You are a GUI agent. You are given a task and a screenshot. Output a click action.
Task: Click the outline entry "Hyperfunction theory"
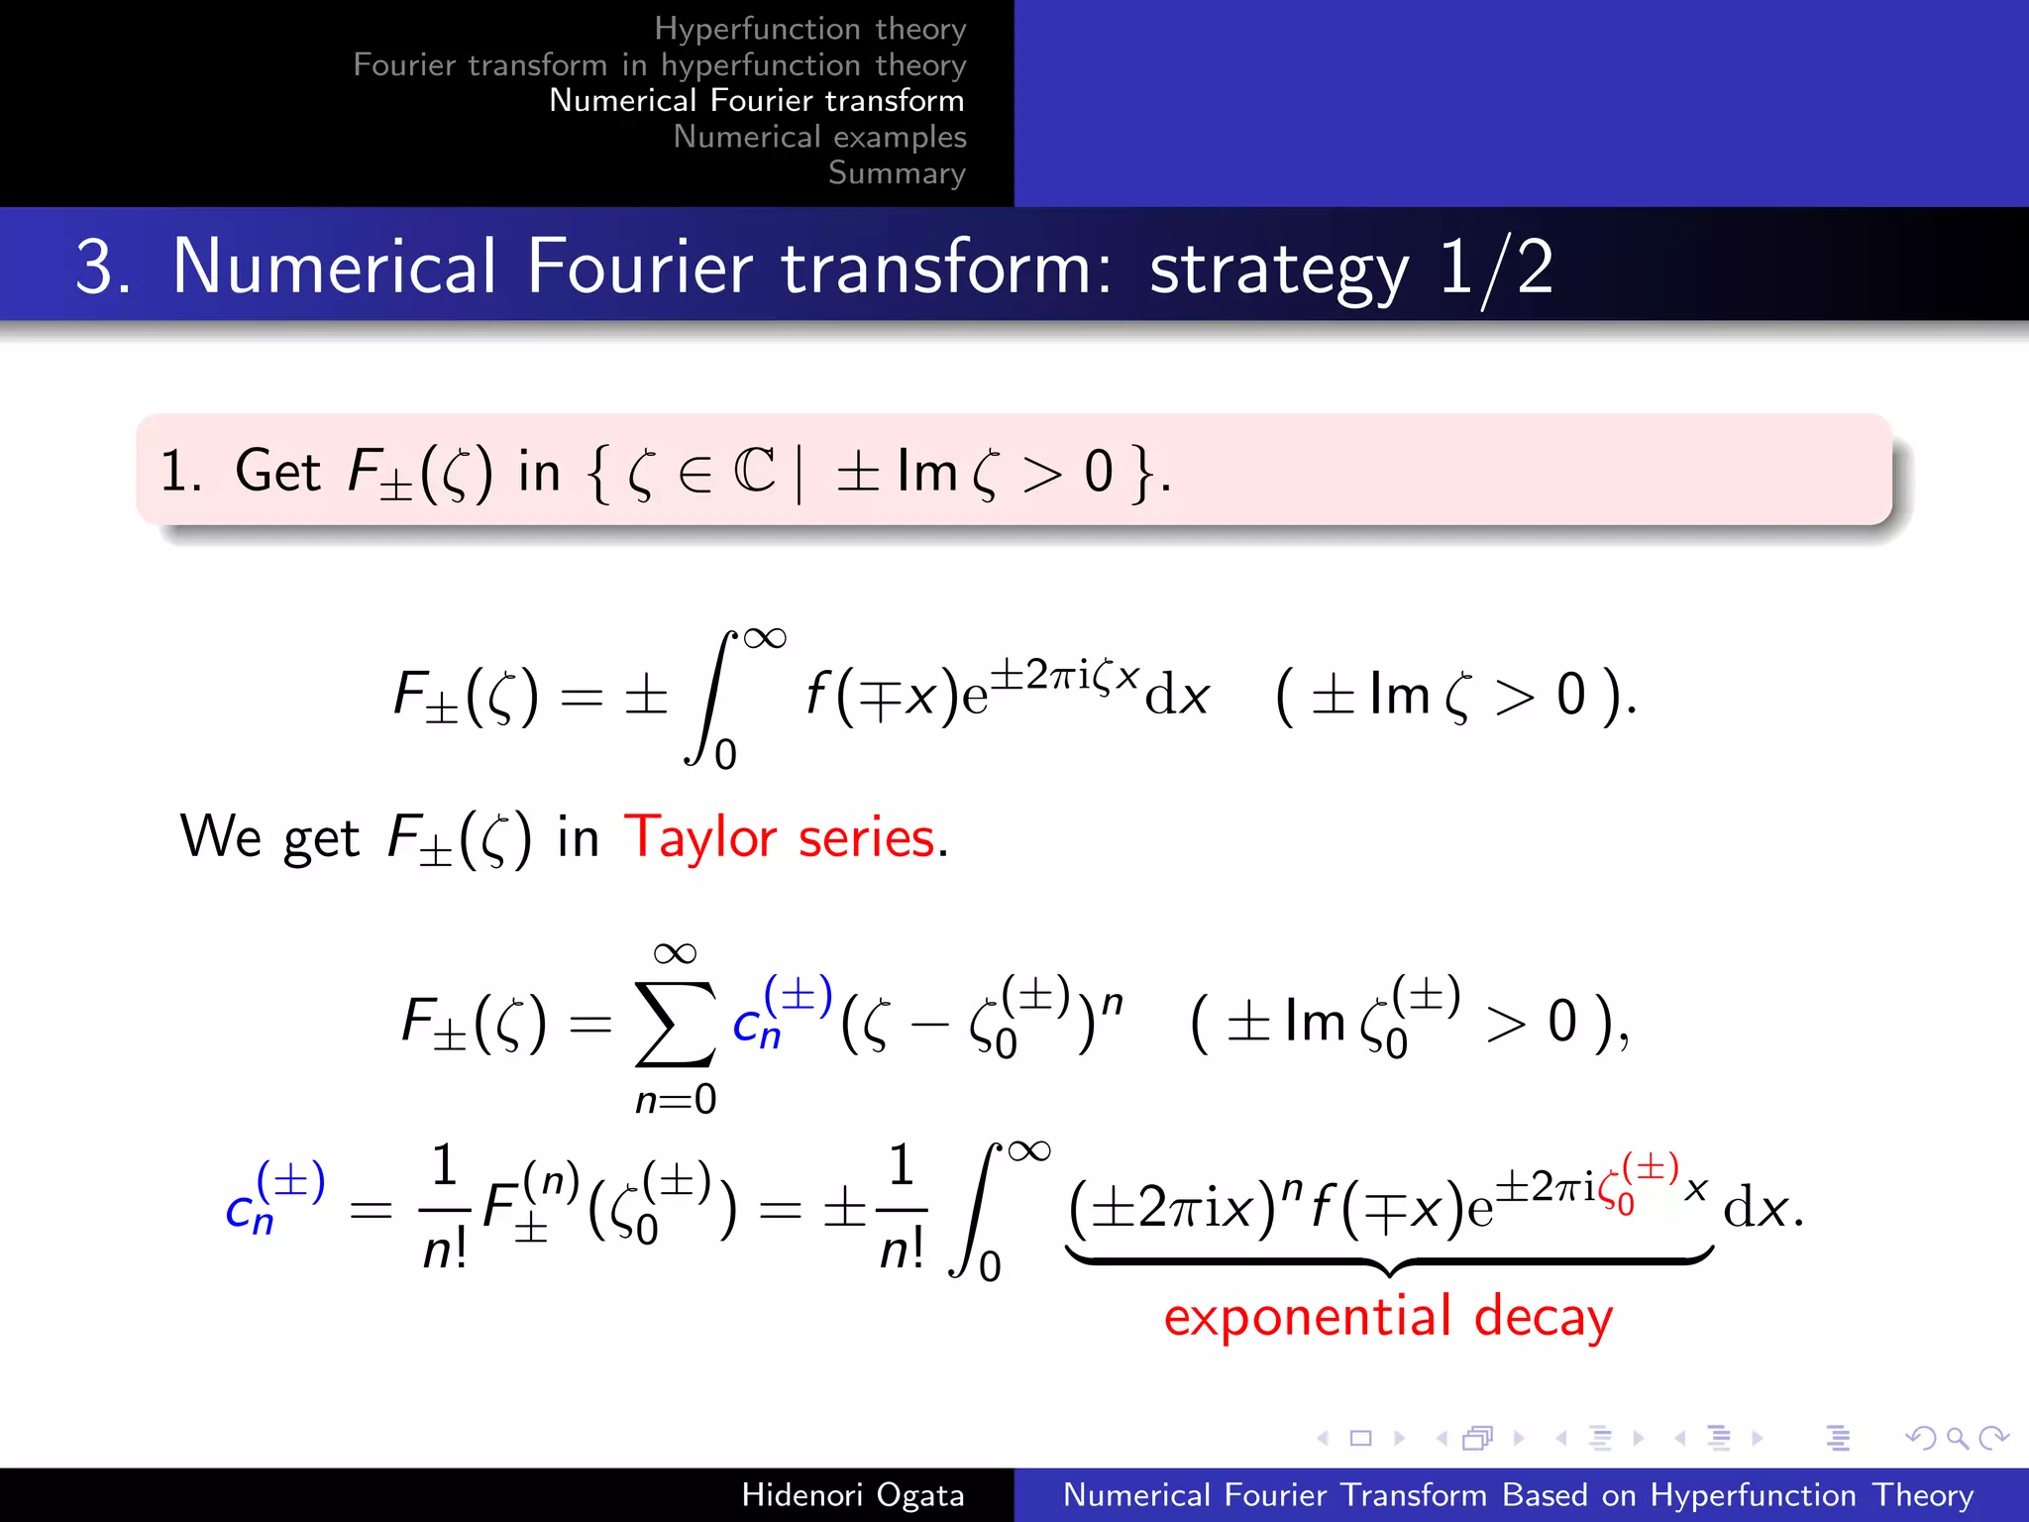pyautogui.click(x=809, y=29)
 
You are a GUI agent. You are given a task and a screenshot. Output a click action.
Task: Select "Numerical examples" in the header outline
pyautogui.click(x=819, y=137)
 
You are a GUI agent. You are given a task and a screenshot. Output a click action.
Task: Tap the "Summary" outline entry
pyautogui.click(x=897, y=173)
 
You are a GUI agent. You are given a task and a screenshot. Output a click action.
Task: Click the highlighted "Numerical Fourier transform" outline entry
pyautogui.click(x=756, y=101)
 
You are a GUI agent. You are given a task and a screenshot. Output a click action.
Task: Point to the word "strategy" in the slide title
pyautogui.click(x=1279, y=270)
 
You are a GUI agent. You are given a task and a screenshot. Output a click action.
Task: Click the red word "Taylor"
pyautogui.click(x=699, y=838)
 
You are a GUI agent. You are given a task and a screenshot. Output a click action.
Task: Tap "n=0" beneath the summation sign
pyautogui.click(x=676, y=1100)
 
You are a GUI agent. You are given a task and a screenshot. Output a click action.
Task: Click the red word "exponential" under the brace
pyautogui.click(x=1308, y=1318)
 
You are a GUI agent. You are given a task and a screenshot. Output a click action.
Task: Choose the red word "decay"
pyautogui.click(x=1543, y=1318)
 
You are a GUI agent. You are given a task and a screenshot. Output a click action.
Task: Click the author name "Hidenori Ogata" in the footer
pyautogui.click(x=853, y=1495)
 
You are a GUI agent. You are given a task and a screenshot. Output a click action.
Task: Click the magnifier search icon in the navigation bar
pyautogui.click(x=1957, y=1438)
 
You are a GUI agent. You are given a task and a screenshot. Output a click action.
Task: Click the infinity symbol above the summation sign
pyautogui.click(x=675, y=953)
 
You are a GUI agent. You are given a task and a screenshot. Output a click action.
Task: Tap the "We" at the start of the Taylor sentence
pyautogui.click(x=220, y=836)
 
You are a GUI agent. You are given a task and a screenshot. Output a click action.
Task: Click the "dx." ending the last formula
pyautogui.click(x=1762, y=1210)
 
